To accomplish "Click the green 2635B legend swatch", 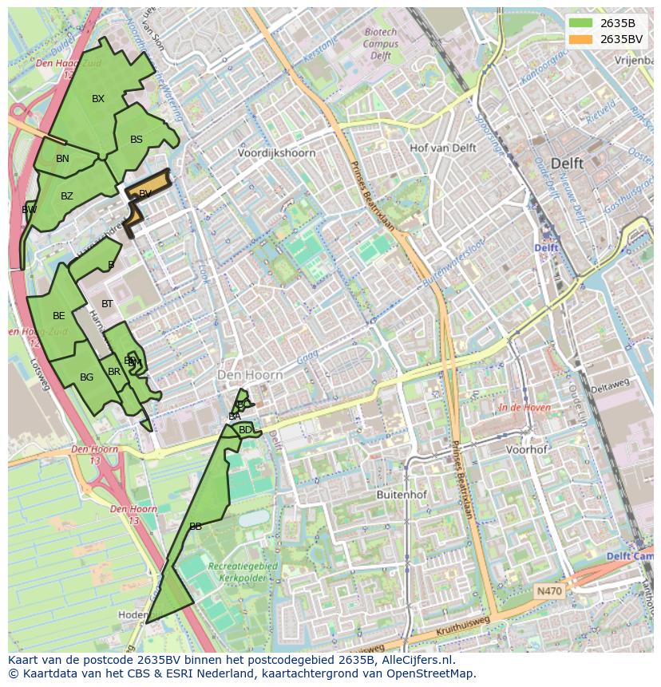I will [x=580, y=23].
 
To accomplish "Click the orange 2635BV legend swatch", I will [x=580, y=39].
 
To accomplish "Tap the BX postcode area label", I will [x=98, y=99].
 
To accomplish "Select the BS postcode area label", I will [x=137, y=140].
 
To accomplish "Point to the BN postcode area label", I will [x=62, y=159].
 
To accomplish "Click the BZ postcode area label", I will [x=67, y=196].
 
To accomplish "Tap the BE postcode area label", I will [x=59, y=316].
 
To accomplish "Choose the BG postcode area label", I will [x=87, y=377].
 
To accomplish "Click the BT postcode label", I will [x=107, y=304].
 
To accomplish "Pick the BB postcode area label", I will [x=196, y=527].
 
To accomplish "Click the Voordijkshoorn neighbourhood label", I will [x=276, y=153].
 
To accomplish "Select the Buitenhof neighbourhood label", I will [x=402, y=495].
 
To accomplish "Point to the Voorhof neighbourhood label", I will [x=527, y=449].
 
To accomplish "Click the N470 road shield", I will [x=549, y=591].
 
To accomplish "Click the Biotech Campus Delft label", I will [x=381, y=44].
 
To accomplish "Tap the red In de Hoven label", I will [x=524, y=408].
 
